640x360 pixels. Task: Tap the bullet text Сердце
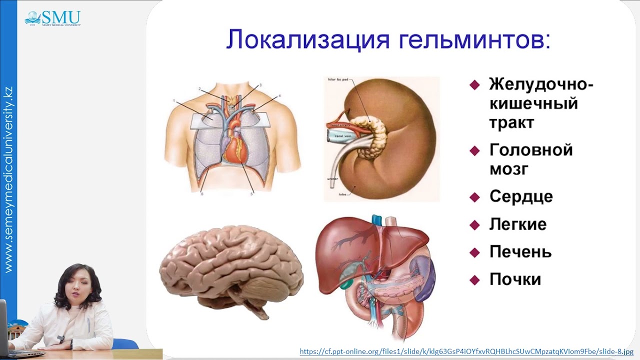pos(521,196)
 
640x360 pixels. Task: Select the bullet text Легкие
pos(517,224)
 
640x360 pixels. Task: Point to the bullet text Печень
pos(520,251)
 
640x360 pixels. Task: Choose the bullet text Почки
pos(515,279)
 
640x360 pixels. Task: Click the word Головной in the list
pos(531,149)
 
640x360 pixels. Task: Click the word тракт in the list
pos(511,122)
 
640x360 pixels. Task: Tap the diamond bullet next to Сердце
pos(474,197)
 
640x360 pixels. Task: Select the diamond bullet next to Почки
pos(474,280)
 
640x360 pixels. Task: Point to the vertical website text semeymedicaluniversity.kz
pos(8,180)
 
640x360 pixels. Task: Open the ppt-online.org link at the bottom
pos(466,351)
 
